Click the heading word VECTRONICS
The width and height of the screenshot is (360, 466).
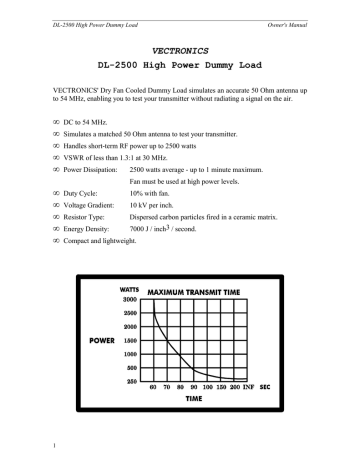[180, 47]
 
